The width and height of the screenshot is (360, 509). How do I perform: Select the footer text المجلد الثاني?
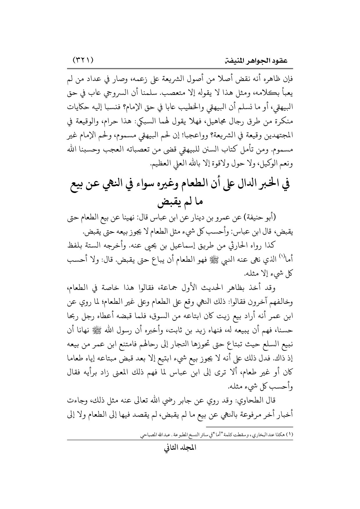[x=180, y=455]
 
